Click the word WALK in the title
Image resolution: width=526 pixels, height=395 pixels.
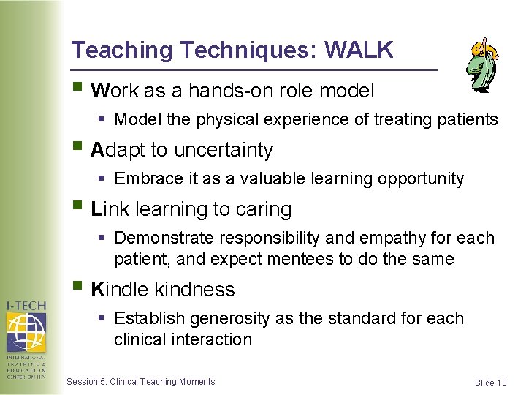click(359, 50)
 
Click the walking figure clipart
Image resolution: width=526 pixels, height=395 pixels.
click(482, 64)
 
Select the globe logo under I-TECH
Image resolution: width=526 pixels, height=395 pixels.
click(26, 332)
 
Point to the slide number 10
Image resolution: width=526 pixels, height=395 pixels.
click(501, 383)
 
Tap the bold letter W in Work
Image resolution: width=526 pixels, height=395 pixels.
click(100, 91)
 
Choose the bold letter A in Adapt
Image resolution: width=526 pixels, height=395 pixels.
click(97, 150)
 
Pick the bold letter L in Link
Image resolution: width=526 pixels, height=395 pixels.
click(96, 209)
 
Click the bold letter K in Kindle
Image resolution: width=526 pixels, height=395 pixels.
click(97, 290)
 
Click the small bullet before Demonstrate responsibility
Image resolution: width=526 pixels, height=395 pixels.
click(104, 238)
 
